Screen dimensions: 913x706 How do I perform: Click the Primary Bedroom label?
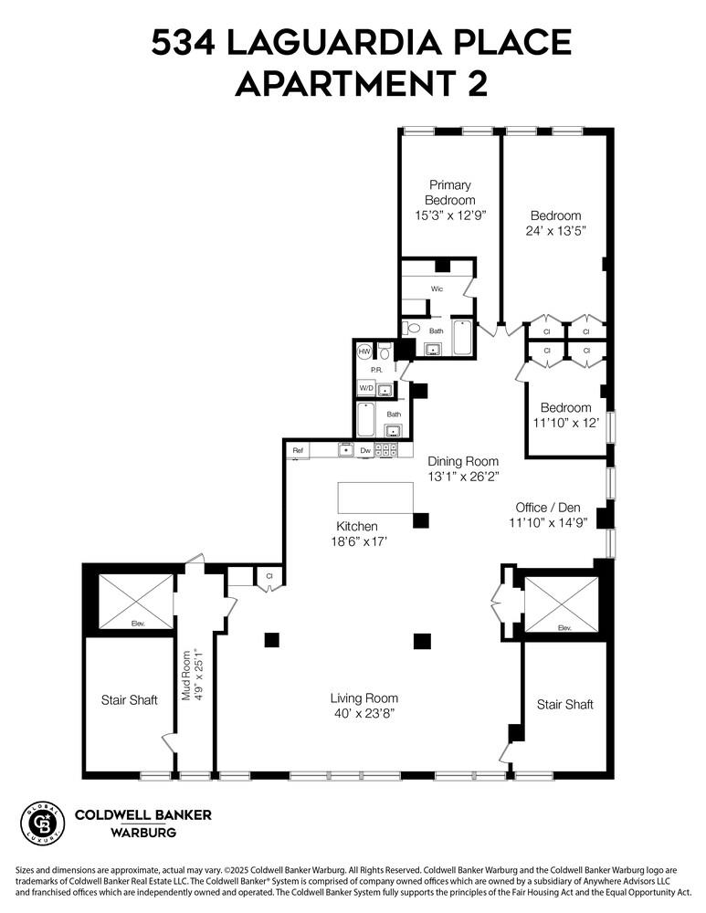[450, 193]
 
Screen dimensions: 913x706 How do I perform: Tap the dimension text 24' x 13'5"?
[555, 231]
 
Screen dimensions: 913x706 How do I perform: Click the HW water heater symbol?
[364, 352]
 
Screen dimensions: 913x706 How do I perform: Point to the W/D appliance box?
[365, 388]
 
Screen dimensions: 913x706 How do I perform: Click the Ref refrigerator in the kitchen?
[298, 451]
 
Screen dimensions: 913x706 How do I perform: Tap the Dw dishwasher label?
[364, 451]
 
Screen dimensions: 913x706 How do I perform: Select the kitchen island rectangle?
[375, 498]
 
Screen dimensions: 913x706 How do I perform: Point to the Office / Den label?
[547, 508]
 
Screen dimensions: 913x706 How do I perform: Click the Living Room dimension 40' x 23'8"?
[363, 713]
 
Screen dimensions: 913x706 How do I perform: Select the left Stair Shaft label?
[129, 700]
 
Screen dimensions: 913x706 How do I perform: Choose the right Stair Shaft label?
[564, 704]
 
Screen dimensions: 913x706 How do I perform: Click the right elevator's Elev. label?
[564, 627]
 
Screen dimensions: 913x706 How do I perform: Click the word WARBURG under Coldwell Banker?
[143, 833]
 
